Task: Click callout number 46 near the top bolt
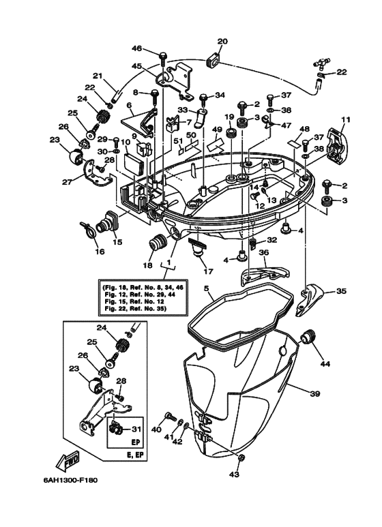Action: click(136, 48)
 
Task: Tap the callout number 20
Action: click(222, 42)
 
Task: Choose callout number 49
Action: click(218, 130)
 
